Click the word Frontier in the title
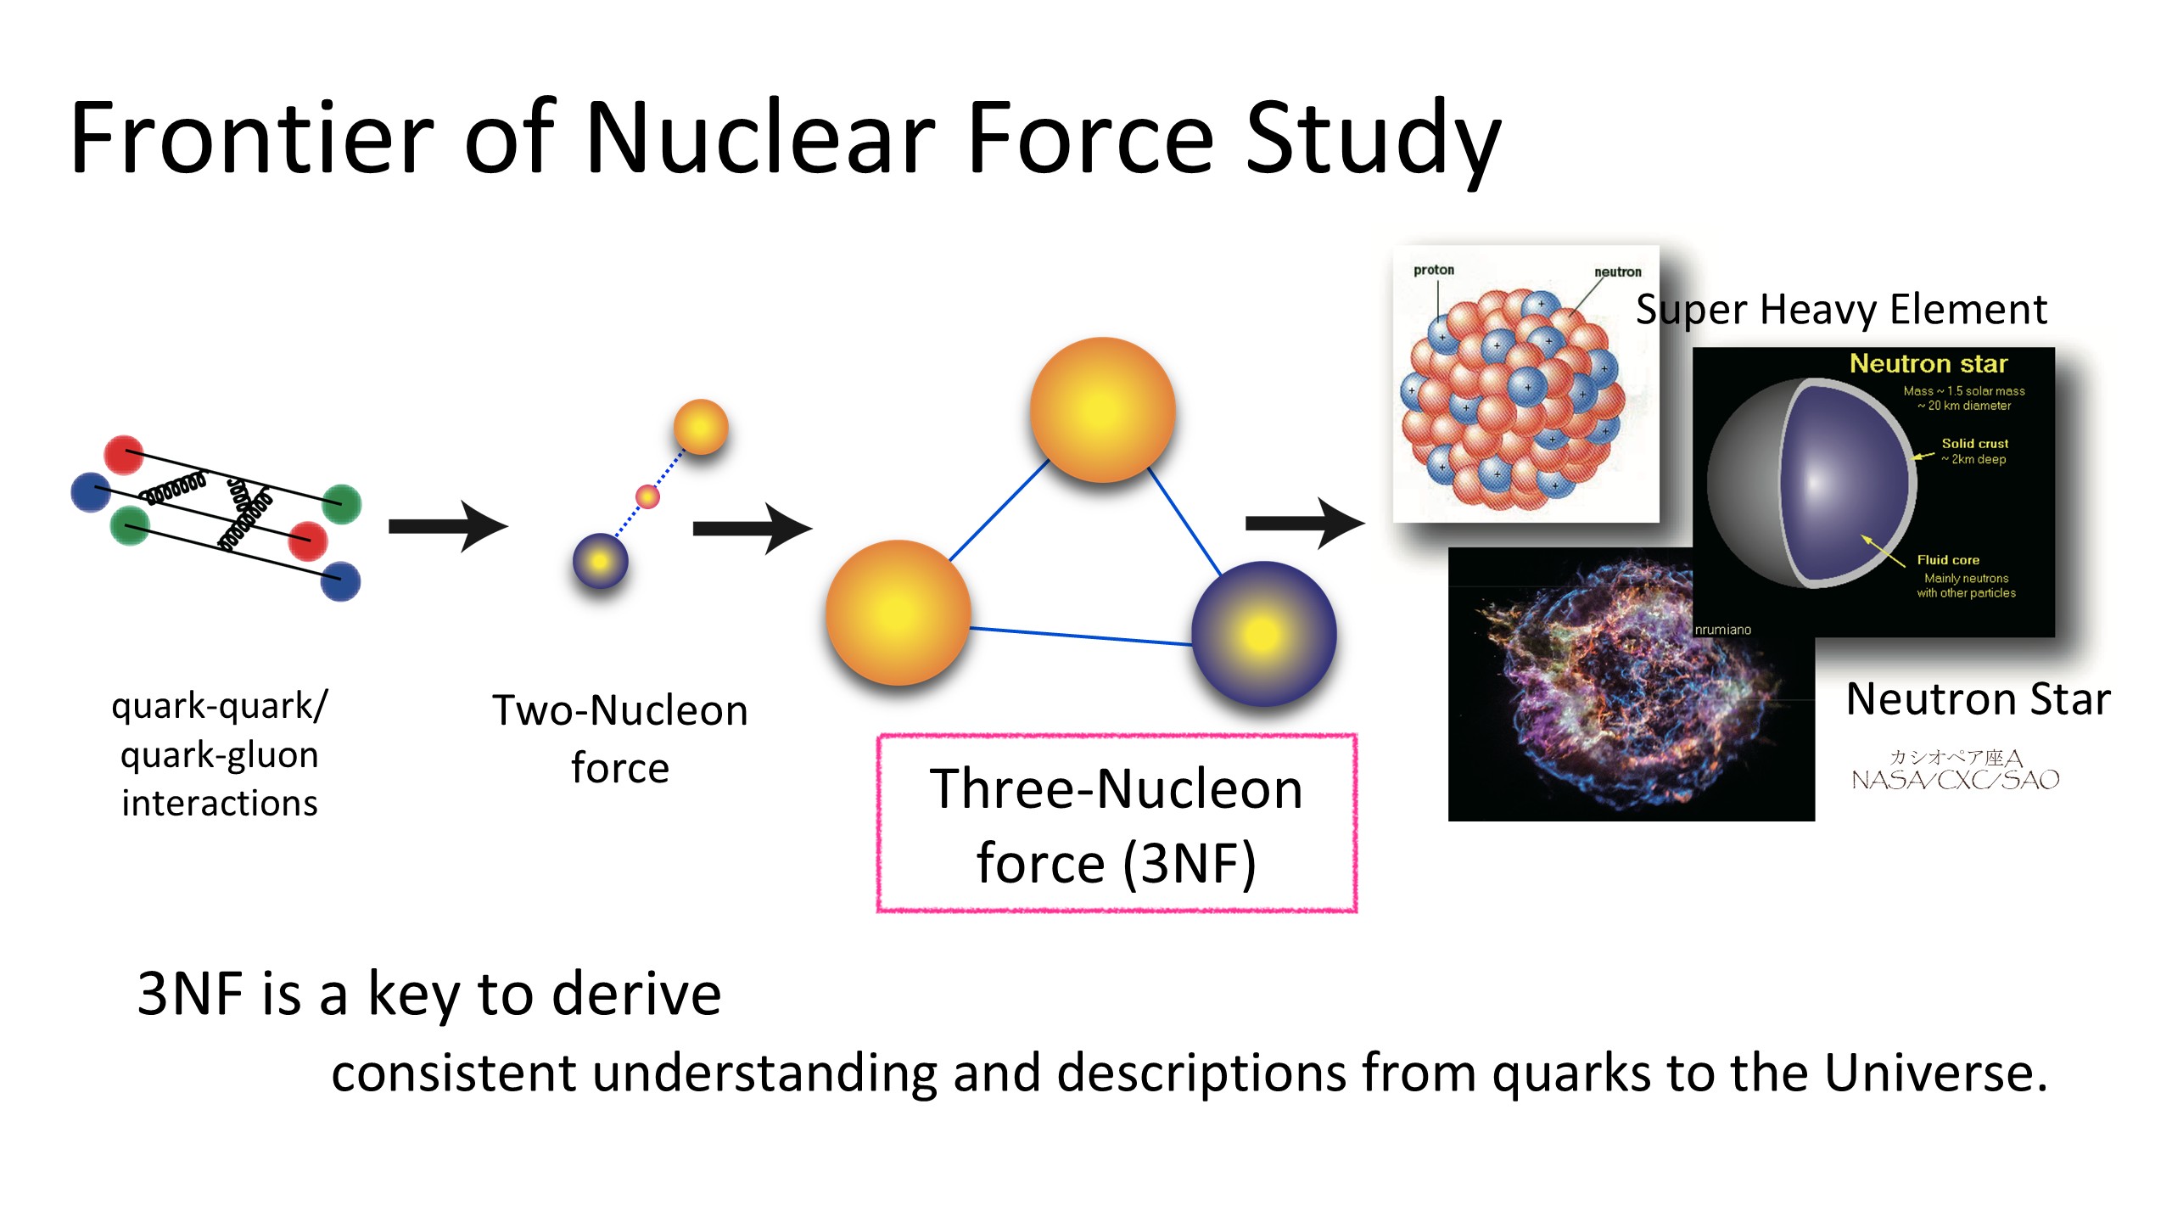[252, 137]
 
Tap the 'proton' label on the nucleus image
[1434, 270]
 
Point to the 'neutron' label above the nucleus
[1618, 272]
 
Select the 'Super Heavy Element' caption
[1841, 310]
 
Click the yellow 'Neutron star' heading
[1928, 363]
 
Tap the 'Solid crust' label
[1975, 443]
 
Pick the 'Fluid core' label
[1948, 560]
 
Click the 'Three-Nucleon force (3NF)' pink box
[1117, 823]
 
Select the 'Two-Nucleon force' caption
[620, 738]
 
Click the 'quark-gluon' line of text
[220, 755]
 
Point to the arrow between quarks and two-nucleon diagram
[448, 526]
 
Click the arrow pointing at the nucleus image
[1305, 524]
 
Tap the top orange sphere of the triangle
[1103, 410]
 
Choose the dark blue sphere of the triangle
[1263, 634]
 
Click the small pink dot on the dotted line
[647, 496]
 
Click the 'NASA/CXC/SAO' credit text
[1956, 780]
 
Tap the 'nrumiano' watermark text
[1722, 630]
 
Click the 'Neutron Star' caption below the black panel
[1979, 700]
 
